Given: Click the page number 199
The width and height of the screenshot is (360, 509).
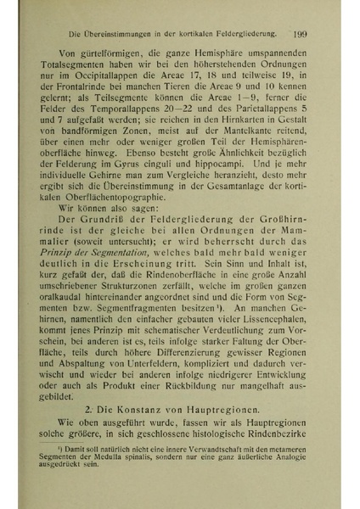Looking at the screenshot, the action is [298, 34].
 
